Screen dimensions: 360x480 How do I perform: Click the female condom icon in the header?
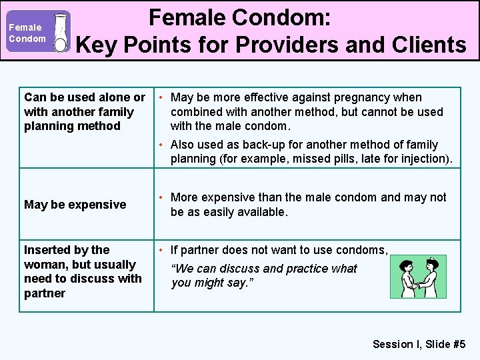click(61, 32)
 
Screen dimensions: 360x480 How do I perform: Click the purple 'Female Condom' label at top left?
click(27, 33)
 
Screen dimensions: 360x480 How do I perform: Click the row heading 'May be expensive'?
click(75, 205)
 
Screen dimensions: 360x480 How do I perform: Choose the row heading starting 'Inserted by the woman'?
click(83, 271)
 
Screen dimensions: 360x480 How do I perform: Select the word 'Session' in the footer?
click(393, 344)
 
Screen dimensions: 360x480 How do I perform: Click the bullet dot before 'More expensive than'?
click(162, 197)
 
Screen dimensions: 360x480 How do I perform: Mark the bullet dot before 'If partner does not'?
click(162, 250)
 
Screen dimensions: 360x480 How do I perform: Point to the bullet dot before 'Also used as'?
click(162, 145)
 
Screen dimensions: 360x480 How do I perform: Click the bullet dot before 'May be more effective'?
click(162, 97)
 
